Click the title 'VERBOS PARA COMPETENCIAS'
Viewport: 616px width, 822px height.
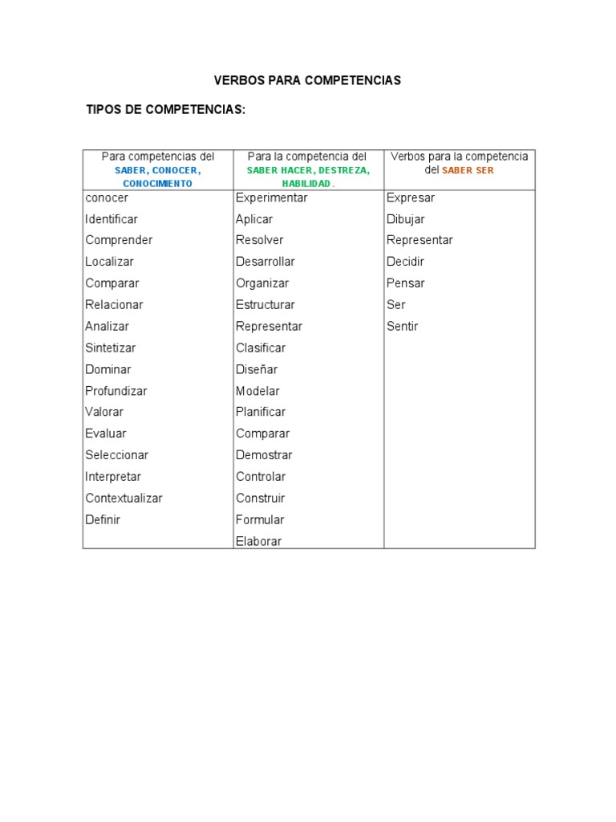[307, 80]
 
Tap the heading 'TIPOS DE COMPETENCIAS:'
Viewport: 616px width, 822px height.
[165, 109]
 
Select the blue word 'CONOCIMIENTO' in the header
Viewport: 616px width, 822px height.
[158, 183]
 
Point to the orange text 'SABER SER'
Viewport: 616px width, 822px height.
[468, 170]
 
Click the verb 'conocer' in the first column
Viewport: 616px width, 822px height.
[107, 197]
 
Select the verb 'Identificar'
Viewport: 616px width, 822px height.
[111, 219]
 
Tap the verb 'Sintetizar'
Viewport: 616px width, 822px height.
[111, 348]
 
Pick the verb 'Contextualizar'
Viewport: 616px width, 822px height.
[124, 498]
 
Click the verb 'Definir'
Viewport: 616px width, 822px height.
[103, 519]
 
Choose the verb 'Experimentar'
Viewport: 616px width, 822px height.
[271, 197]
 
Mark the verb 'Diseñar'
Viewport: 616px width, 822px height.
[256, 369]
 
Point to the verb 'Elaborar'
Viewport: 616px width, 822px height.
[258, 541]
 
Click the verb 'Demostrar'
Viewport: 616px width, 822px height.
[264, 455]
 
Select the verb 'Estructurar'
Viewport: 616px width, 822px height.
[265, 305]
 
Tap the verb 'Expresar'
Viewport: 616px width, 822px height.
[410, 197]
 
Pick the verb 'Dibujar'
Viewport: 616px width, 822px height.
[405, 219]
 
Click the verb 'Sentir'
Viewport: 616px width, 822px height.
[402, 327]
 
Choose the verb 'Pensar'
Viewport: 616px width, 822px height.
[405, 283]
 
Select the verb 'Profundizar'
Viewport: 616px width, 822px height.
[116, 391]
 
